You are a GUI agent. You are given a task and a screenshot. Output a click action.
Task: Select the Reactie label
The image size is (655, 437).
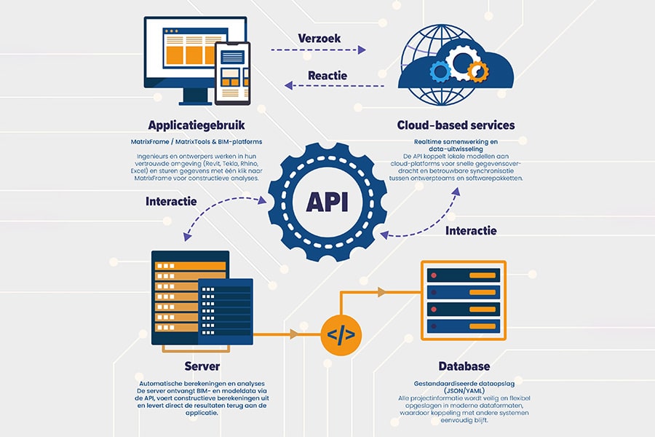(327, 75)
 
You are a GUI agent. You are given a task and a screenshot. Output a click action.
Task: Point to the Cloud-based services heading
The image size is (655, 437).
(456, 125)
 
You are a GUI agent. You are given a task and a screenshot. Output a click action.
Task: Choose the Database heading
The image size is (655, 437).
(464, 366)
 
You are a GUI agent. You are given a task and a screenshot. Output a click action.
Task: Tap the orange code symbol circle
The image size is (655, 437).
(341, 335)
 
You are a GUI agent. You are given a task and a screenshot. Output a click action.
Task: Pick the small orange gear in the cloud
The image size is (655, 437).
(477, 71)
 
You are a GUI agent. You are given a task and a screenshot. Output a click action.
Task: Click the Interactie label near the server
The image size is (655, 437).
(172, 202)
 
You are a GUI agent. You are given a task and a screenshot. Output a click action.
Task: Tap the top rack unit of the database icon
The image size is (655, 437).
(464, 275)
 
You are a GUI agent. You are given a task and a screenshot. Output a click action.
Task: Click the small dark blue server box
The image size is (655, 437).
(226, 310)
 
